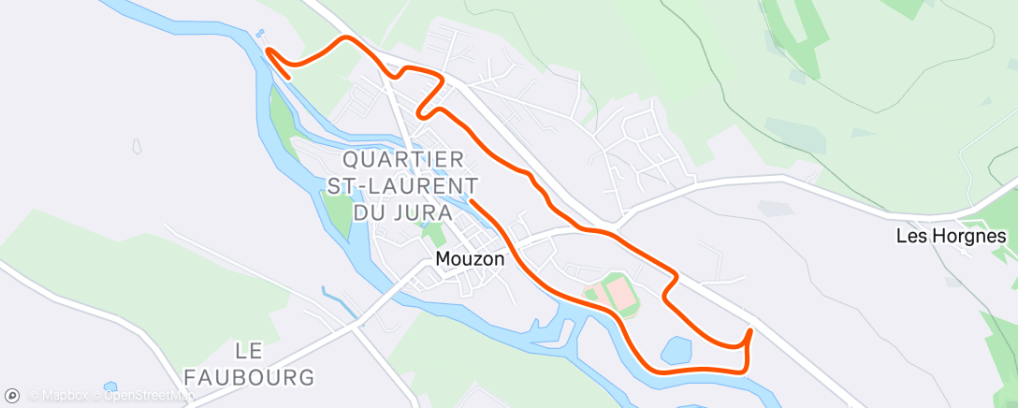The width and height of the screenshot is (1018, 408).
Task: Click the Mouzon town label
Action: point(470,258)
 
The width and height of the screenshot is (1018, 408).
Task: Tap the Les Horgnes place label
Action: point(951,236)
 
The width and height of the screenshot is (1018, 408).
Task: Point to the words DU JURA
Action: point(402,211)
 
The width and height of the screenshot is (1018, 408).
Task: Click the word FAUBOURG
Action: point(249,377)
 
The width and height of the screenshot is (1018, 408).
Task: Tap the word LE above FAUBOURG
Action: point(249,350)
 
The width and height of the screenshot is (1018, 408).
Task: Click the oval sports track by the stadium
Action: point(618,294)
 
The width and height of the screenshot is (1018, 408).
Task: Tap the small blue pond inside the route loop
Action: point(676,351)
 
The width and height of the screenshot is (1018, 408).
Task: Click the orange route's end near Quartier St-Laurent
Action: point(471,199)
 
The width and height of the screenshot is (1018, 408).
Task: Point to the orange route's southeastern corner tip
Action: point(749,329)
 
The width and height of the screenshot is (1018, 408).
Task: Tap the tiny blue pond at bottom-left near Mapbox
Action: point(110,386)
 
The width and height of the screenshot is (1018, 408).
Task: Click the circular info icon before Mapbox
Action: point(12,396)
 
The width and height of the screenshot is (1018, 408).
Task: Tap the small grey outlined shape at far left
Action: point(137,146)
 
